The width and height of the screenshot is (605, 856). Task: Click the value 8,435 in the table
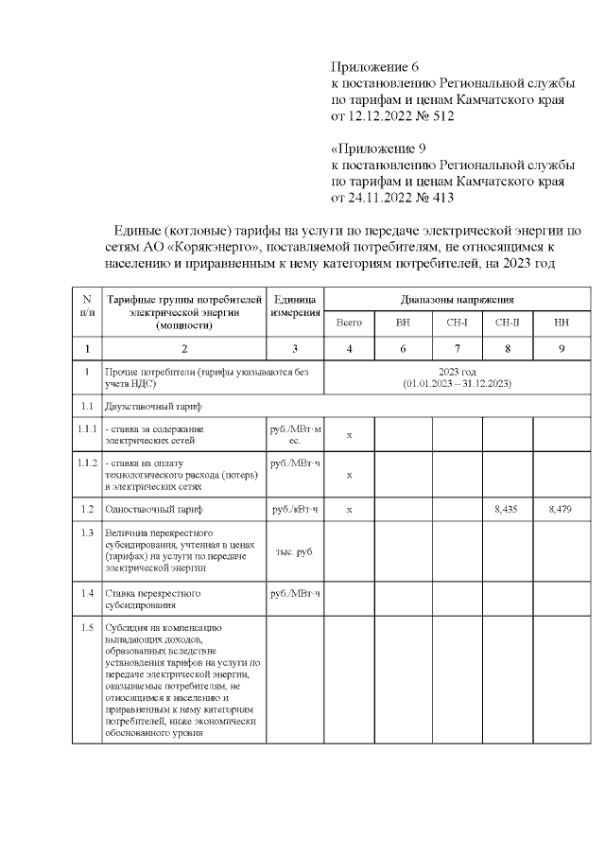(x=507, y=510)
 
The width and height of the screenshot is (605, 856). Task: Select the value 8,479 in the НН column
(x=561, y=510)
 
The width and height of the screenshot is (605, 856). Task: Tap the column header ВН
(x=403, y=323)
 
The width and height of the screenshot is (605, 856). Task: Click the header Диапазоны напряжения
(x=457, y=299)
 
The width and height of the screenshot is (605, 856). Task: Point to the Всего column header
(x=349, y=323)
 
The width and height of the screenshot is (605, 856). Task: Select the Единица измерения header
(x=295, y=306)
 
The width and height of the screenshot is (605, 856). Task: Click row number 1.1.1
(x=87, y=429)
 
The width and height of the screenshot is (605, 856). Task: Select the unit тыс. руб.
(x=295, y=551)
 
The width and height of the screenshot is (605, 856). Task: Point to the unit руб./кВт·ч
(x=295, y=510)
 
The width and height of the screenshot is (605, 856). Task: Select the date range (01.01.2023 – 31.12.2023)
(x=457, y=383)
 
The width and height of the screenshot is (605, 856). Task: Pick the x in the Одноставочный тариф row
(x=349, y=510)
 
